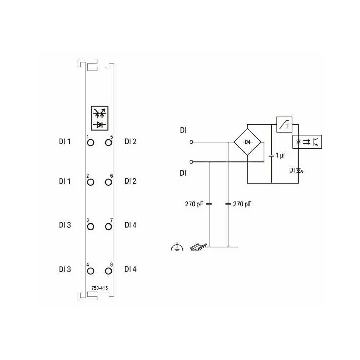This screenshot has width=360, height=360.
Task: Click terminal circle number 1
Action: click(x=91, y=143)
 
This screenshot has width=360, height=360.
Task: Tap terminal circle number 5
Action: click(x=108, y=143)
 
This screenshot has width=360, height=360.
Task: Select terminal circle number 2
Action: click(x=91, y=182)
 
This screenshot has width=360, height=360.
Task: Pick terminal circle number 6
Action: click(x=108, y=182)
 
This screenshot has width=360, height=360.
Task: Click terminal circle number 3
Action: click(x=91, y=227)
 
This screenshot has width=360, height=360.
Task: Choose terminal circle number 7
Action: click(x=108, y=227)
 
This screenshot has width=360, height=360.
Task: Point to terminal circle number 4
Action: click(x=91, y=271)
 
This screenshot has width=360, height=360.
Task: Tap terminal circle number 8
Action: click(x=108, y=271)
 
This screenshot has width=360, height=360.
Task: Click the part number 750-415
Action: click(x=99, y=288)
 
